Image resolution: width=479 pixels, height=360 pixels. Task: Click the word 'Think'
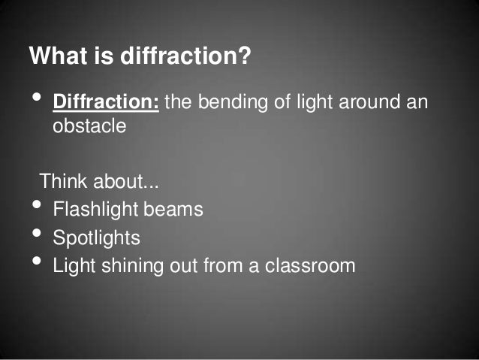62,182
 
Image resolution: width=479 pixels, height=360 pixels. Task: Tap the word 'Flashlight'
92,209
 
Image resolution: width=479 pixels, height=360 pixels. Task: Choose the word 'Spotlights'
96,238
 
